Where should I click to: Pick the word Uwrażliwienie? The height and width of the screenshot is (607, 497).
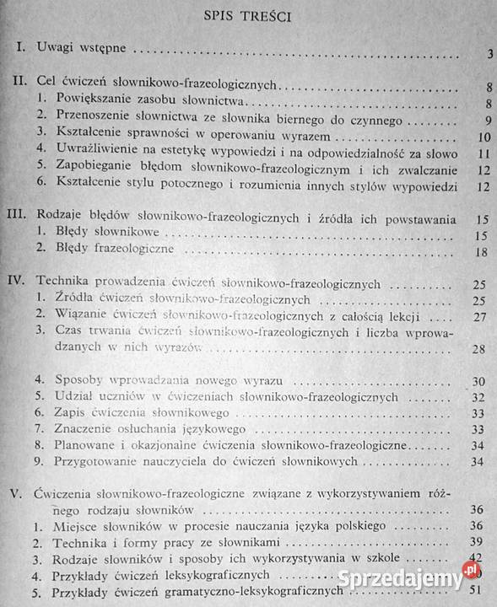[105, 153]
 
